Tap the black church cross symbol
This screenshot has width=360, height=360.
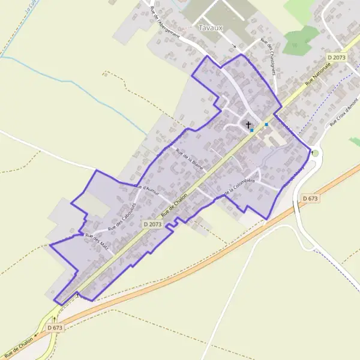248,124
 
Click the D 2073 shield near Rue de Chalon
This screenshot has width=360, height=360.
153,224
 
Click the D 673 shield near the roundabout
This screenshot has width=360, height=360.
310,198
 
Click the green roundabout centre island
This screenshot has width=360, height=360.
316,153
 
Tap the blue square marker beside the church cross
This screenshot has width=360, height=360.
252,130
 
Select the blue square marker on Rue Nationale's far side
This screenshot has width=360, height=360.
266,124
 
